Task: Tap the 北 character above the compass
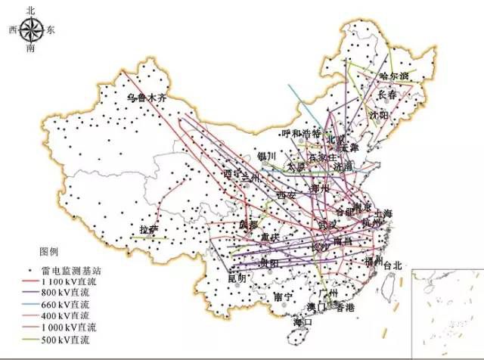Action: click(31, 10)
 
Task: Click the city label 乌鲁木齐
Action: click(146, 98)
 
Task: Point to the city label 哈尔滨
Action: click(394, 76)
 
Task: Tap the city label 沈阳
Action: click(378, 115)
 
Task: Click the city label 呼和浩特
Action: click(301, 134)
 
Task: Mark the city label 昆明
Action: click(237, 278)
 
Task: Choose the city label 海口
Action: click(303, 322)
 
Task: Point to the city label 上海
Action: click(383, 214)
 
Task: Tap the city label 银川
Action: click(267, 157)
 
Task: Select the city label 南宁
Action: click(283, 296)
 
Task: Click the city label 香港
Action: click(345, 308)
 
